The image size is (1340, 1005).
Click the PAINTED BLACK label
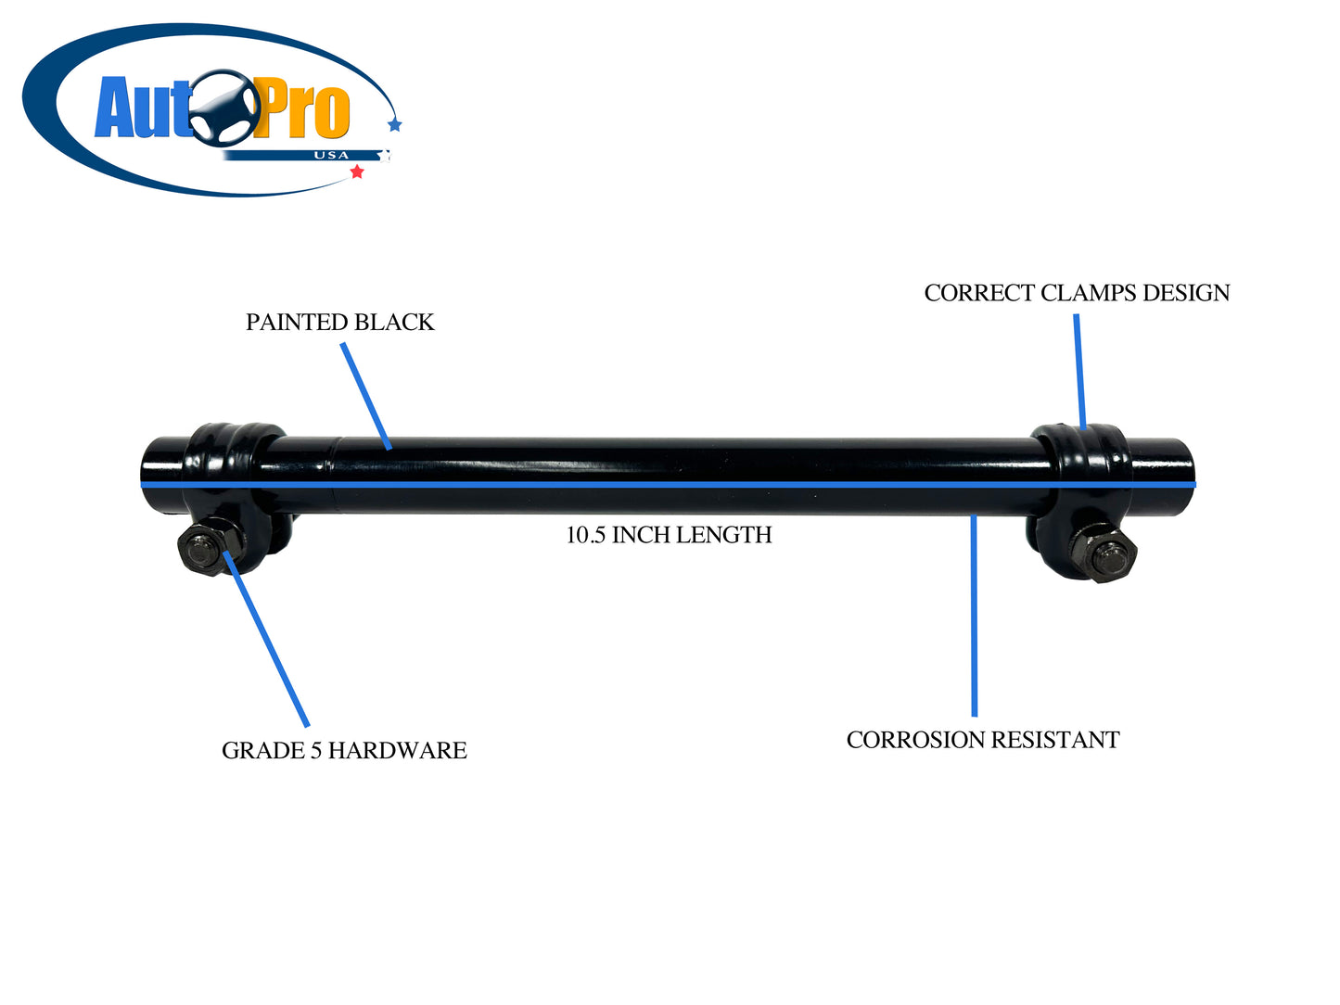[x=339, y=323]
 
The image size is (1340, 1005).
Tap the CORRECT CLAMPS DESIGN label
[x=1077, y=293]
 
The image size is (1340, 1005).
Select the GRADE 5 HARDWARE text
[x=344, y=751]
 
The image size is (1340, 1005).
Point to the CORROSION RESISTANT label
[x=983, y=741]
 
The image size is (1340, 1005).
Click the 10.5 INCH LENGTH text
[x=669, y=535]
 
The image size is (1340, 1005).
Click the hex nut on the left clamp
[x=205, y=551]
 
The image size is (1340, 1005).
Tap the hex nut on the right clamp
[x=1104, y=554]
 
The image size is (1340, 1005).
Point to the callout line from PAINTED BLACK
[x=365, y=396]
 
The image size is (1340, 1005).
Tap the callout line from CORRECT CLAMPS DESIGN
[x=1079, y=371]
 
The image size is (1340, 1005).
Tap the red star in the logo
[x=357, y=172]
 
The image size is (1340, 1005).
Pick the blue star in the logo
[x=395, y=124]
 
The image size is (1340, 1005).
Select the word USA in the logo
[x=331, y=156]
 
